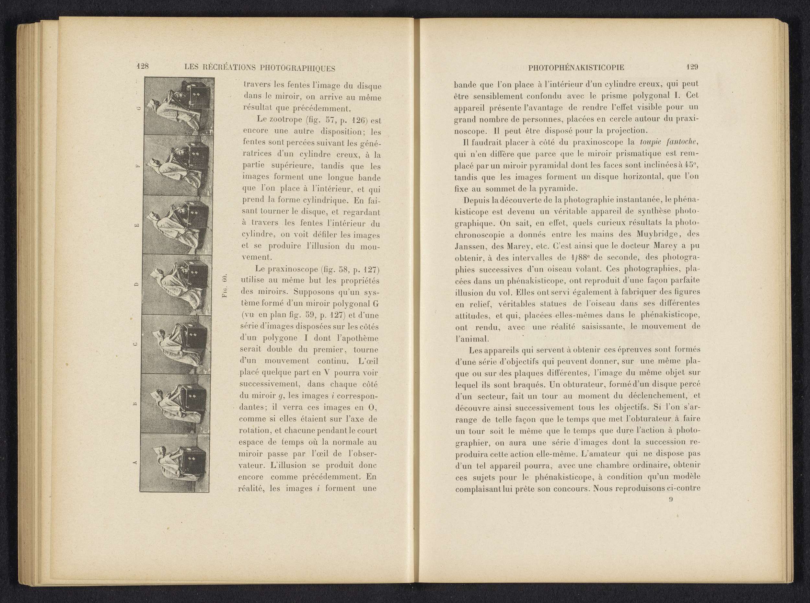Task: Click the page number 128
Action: [142, 66]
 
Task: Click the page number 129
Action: [692, 67]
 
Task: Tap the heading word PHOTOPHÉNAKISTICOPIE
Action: [576, 67]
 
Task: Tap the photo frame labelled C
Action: [176, 344]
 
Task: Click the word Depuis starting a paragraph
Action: [476, 200]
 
